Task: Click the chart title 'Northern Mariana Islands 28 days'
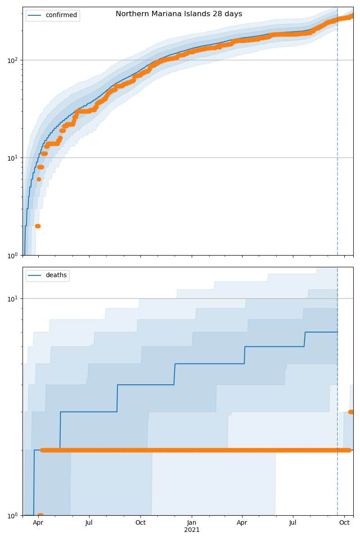[x=179, y=14]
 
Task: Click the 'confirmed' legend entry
[x=61, y=15]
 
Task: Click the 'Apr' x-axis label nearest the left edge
[x=38, y=522]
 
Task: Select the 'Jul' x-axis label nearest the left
[x=89, y=522]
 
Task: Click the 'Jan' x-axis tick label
[x=192, y=522]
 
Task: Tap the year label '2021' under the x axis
[x=192, y=530]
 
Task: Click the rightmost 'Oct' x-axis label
[x=344, y=522]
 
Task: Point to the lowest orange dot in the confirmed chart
[x=38, y=226]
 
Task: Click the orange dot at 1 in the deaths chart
[x=40, y=515]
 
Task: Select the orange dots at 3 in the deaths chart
[x=351, y=412]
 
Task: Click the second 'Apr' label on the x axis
[x=242, y=522]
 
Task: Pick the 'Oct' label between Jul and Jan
[x=140, y=522]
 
